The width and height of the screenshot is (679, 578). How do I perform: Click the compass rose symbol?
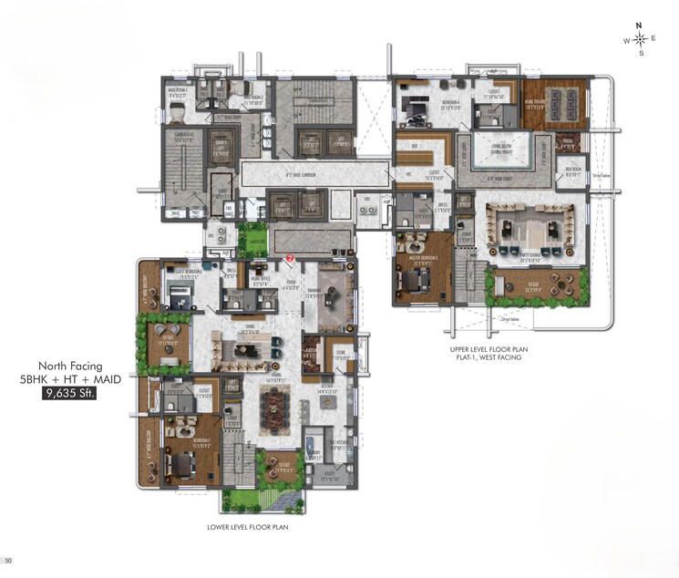click(641, 39)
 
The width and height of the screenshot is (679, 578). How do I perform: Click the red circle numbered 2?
click(290, 259)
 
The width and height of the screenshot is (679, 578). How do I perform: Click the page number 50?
click(8, 560)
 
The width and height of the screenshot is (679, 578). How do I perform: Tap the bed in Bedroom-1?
click(181, 460)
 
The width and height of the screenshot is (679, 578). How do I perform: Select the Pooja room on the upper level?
click(568, 141)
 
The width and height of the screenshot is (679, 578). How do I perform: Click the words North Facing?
click(69, 366)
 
